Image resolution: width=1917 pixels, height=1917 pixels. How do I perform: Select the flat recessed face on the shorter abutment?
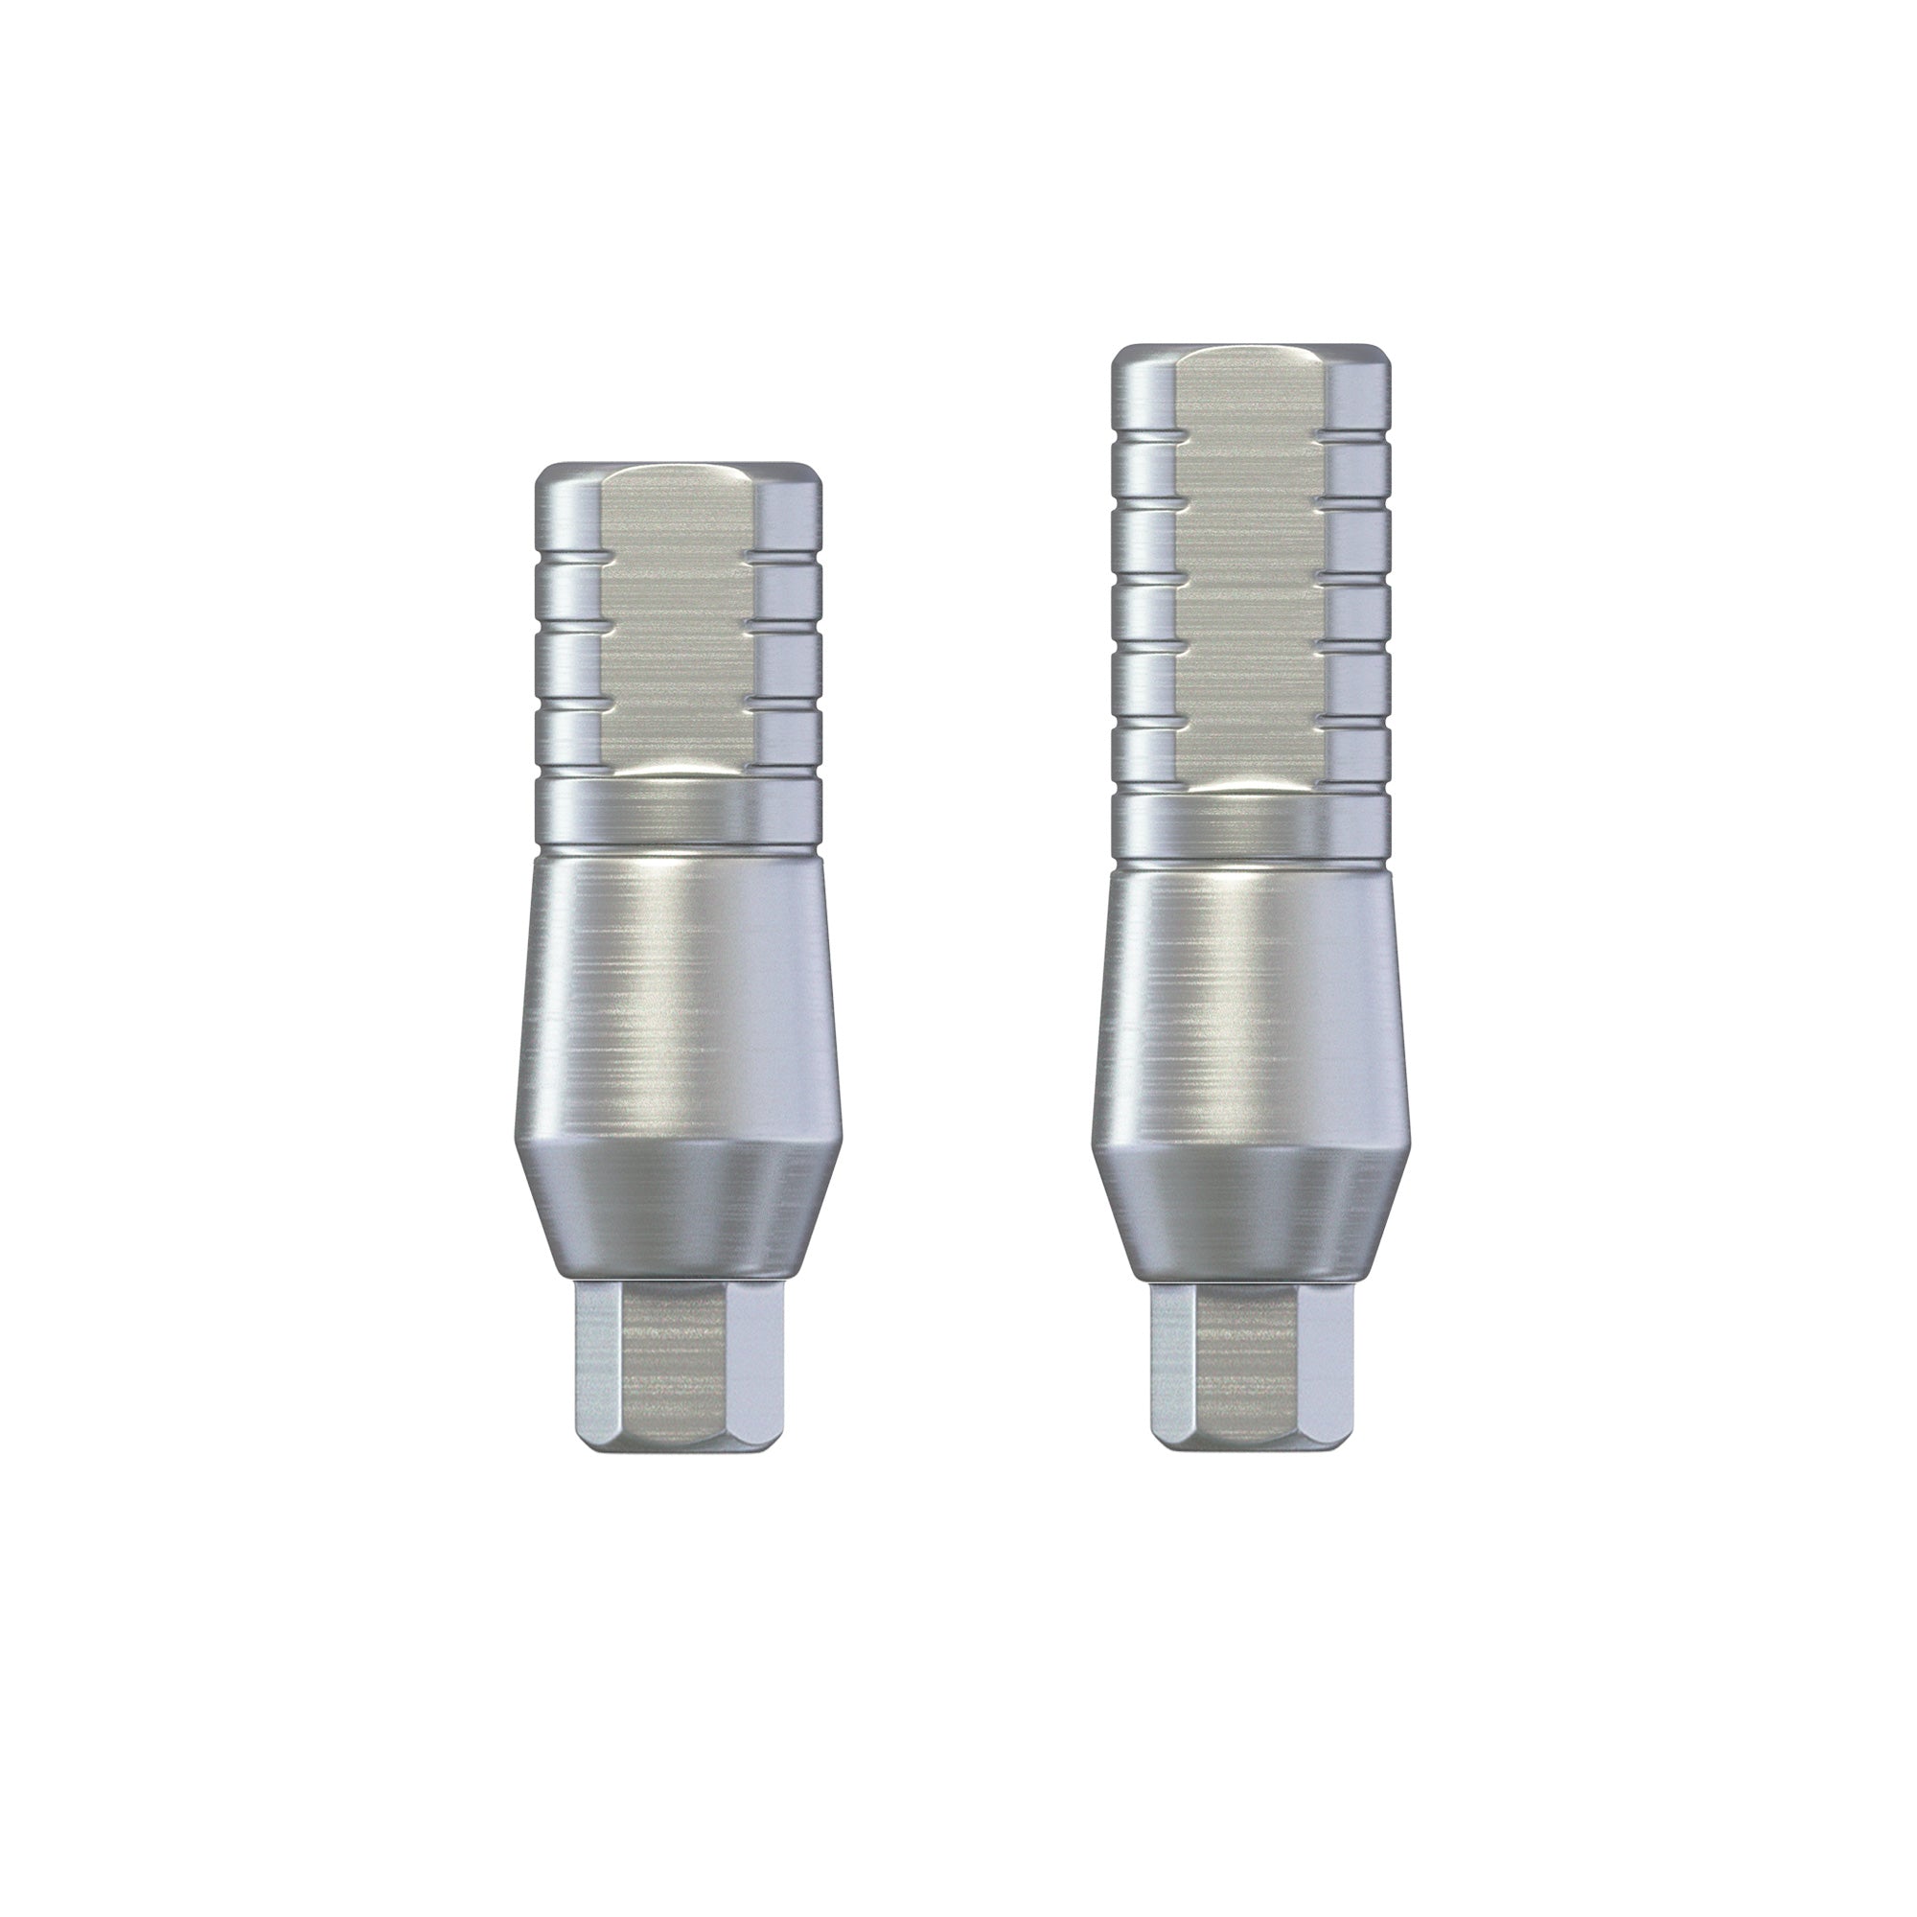point(679,635)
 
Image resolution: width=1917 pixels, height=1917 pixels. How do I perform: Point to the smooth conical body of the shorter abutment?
point(679,1003)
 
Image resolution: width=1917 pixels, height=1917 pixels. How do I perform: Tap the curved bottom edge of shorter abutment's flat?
point(679,766)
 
